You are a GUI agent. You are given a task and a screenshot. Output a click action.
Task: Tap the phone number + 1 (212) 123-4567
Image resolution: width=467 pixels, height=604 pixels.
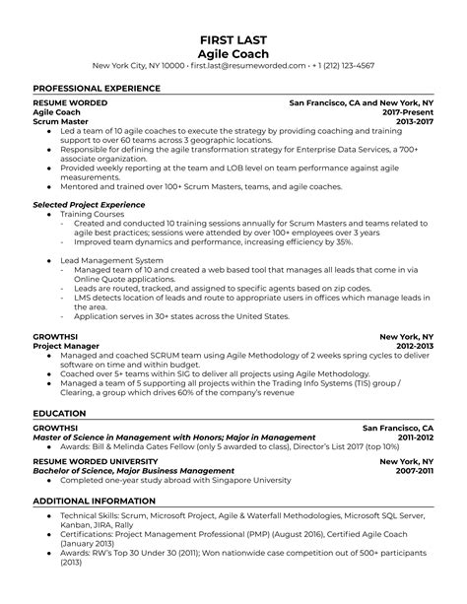[x=346, y=65]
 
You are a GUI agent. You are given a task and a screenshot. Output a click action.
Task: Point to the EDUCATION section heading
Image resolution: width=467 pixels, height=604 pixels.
[x=60, y=386]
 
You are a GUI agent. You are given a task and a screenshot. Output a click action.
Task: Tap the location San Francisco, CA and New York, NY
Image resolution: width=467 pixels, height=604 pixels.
[x=361, y=101]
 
